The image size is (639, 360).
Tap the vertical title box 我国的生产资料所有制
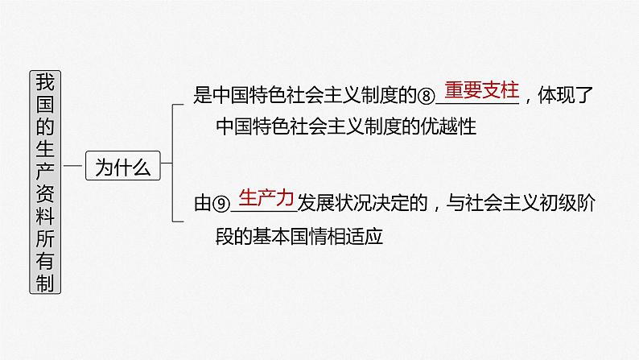47,181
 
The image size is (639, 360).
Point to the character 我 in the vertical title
47,82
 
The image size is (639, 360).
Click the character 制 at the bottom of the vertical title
47,282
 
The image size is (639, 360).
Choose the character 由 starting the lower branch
201,205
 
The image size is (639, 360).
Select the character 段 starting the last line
225,237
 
